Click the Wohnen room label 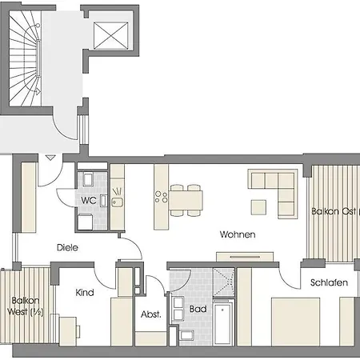coord(238,235)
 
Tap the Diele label coord(67,248)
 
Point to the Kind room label coord(84,293)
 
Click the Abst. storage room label coord(150,314)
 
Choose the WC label coord(88,200)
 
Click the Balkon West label coord(25,306)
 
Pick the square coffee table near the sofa coord(258,206)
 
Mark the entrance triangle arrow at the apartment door coord(50,159)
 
